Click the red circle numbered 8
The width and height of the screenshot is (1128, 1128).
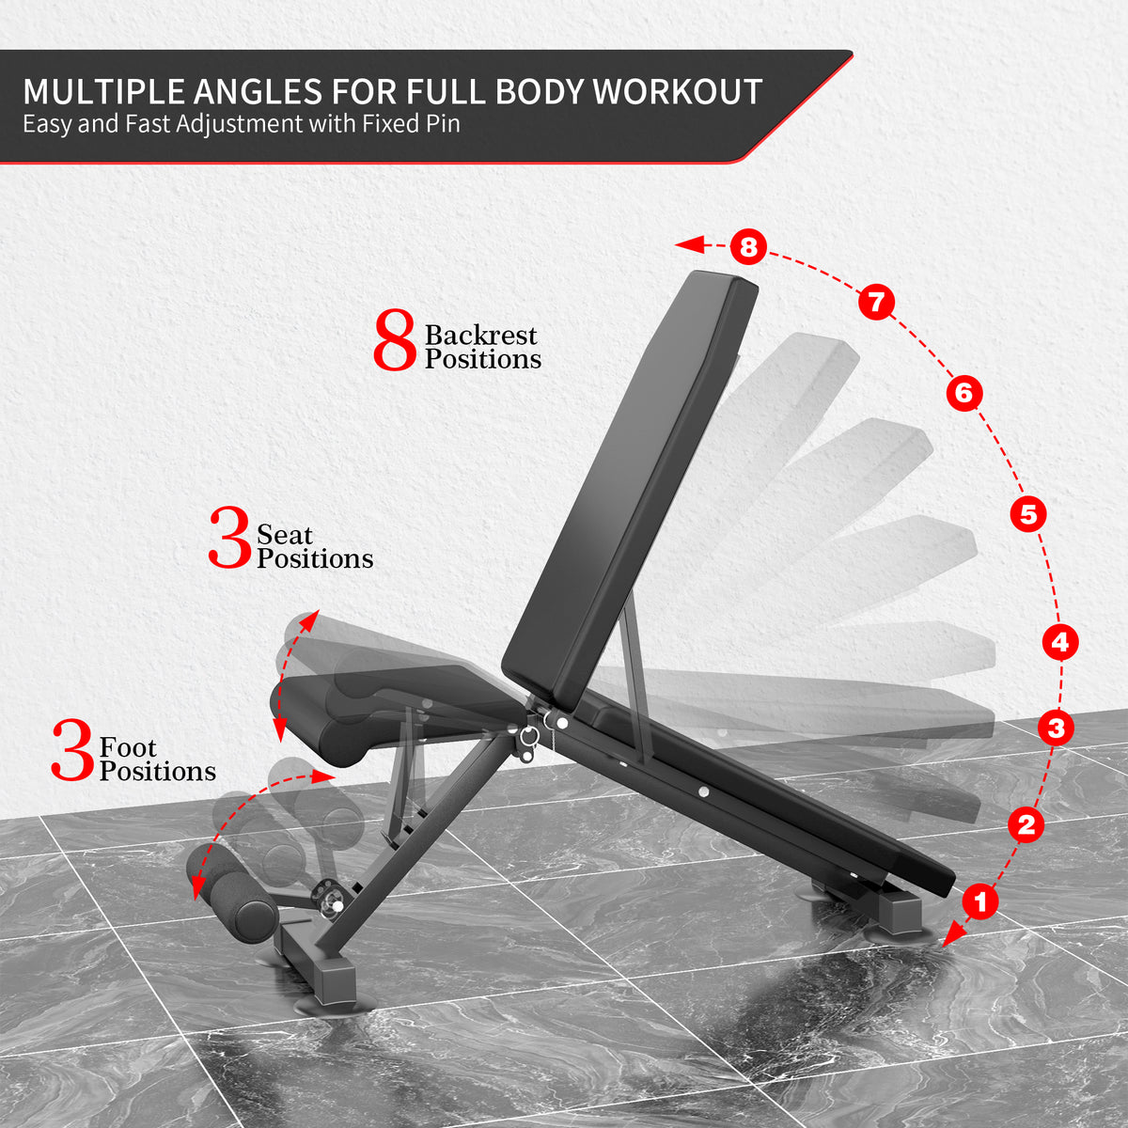click(748, 247)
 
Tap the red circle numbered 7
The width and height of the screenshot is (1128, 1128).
click(876, 303)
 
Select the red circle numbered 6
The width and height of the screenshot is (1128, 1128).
click(963, 391)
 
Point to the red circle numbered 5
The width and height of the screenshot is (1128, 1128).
click(1027, 514)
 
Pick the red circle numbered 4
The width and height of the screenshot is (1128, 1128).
click(1060, 643)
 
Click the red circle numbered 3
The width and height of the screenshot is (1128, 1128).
click(1057, 728)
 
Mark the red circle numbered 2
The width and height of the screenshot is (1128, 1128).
click(1026, 824)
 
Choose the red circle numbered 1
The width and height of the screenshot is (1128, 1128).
click(980, 902)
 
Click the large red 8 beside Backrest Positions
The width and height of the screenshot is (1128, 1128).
click(395, 340)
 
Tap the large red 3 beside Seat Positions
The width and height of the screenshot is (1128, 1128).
click(229, 539)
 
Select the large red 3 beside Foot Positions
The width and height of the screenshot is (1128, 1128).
click(72, 750)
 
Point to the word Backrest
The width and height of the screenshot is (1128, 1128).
click(480, 335)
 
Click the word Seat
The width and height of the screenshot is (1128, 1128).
click(284, 535)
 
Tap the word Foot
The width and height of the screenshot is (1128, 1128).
click(128, 747)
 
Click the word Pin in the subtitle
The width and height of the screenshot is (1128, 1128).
click(438, 124)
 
